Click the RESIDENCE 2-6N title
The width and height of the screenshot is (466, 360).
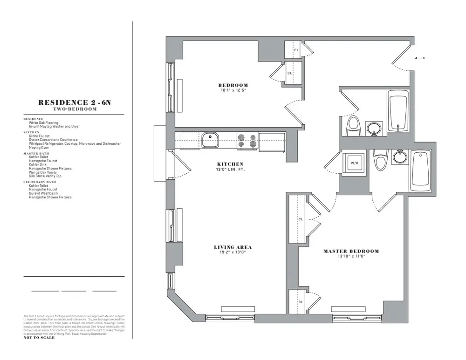coord(74,102)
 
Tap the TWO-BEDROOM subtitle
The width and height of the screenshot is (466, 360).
coord(74,109)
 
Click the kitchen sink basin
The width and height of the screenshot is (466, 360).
coord(212,139)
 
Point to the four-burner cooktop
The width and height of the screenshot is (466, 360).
coord(247,141)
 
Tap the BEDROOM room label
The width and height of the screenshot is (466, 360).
coord(233,85)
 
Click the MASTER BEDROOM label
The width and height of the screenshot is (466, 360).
coord(351,251)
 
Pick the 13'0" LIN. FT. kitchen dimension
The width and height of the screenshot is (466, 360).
coord(230,169)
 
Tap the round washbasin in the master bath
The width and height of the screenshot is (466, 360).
coord(399,156)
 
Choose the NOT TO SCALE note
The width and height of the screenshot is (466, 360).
coord(39,338)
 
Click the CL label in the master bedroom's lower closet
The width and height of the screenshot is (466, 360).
coord(301,302)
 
